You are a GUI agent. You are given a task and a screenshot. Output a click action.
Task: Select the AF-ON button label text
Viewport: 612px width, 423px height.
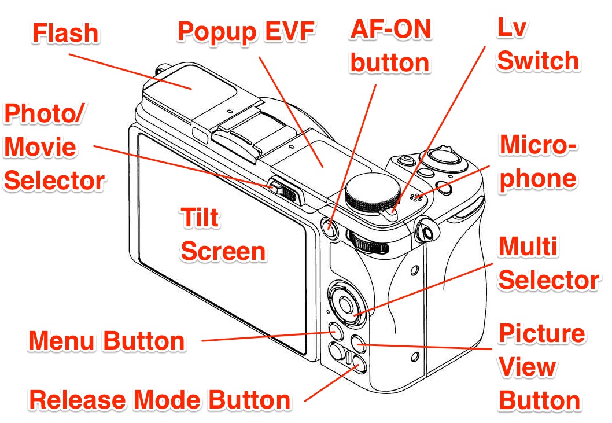coord(391,46)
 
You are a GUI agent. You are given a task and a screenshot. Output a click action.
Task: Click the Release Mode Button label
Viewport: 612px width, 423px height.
coord(160,399)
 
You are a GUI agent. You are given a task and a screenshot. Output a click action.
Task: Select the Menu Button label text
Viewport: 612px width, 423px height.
coord(106,340)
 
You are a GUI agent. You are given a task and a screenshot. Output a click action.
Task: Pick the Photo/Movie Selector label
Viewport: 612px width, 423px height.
coord(54,148)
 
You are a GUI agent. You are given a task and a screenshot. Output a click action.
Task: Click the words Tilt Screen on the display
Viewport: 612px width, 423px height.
coord(223,235)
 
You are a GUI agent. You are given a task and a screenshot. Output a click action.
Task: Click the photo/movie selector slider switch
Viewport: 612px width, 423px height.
coord(285,190)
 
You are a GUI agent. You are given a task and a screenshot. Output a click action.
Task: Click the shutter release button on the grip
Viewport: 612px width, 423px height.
coord(443,156)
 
